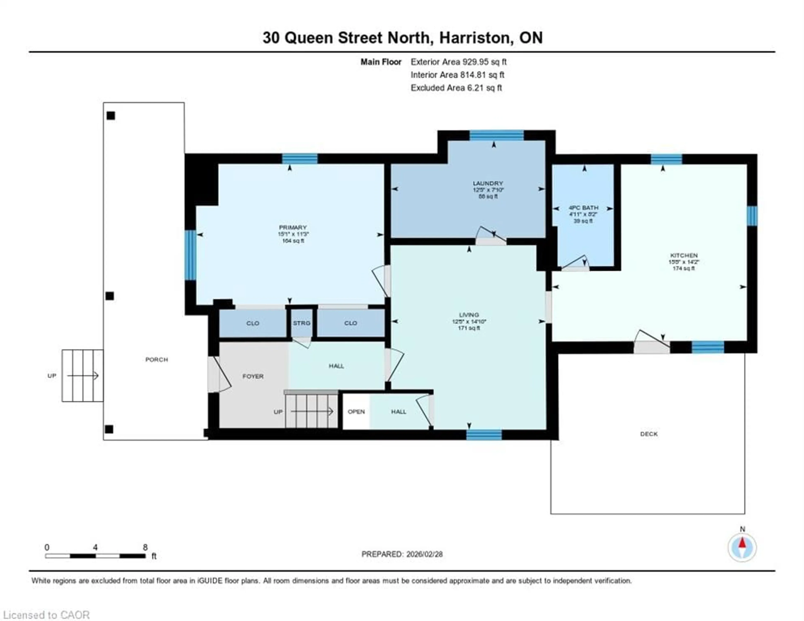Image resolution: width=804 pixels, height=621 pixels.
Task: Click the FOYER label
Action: pos(253,376)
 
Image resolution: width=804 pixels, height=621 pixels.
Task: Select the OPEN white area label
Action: pos(356,411)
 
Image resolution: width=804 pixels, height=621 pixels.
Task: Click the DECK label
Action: pos(649,434)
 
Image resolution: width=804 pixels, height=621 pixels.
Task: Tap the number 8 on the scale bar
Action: pos(145,547)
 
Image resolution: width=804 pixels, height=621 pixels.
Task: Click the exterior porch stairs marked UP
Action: pos(82,375)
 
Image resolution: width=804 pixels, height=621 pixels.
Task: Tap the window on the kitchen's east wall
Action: pos(752,216)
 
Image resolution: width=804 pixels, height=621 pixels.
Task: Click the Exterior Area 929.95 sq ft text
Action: pos(458,62)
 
